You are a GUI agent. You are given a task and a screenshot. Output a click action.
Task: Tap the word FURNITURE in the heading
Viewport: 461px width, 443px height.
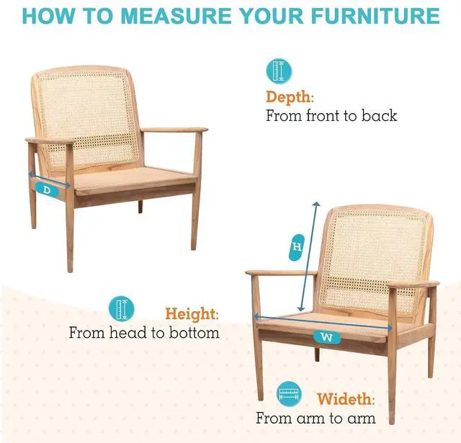pos(375,16)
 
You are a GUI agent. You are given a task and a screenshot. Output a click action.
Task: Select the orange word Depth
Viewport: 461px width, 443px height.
pos(290,97)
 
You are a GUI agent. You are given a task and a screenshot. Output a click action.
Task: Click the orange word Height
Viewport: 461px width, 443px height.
pos(192,313)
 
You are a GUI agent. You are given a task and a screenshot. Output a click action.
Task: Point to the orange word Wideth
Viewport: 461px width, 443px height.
pos(346,399)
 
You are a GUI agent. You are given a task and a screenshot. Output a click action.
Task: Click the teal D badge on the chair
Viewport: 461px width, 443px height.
pos(47,190)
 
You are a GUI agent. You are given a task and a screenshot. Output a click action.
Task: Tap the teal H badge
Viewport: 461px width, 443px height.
pos(297,247)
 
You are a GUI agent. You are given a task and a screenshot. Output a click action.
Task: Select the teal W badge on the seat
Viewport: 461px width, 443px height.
pos(326,337)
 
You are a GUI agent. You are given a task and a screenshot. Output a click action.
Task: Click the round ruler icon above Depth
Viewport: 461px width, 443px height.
pos(279,71)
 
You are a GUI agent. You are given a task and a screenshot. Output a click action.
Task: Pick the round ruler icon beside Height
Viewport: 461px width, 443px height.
pos(122,309)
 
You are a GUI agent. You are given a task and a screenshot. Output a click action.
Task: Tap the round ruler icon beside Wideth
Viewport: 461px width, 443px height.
pos(289,394)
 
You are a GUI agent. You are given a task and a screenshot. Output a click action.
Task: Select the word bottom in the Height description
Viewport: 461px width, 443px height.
pos(194,333)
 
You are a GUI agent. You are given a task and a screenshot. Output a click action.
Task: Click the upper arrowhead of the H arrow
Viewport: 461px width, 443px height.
pos(316,204)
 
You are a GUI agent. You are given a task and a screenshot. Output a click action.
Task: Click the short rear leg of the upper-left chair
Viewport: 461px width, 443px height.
pos(140,207)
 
